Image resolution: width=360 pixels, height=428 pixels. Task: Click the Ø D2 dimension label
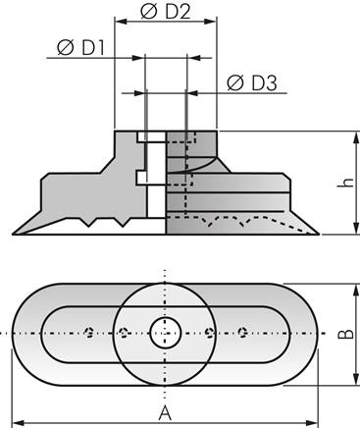[166, 11]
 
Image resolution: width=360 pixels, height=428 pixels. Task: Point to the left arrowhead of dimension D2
[120, 20]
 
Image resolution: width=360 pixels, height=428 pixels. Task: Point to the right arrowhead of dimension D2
[213, 20]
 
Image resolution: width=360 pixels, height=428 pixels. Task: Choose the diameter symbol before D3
[235, 82]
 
